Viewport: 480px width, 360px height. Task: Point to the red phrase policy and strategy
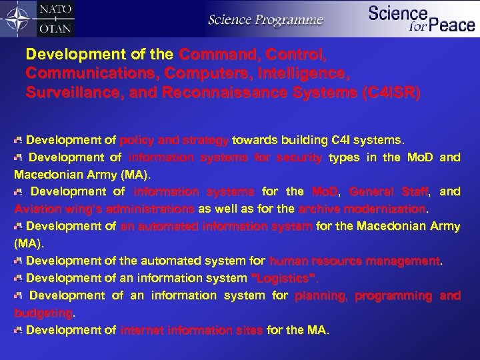pos(175,141)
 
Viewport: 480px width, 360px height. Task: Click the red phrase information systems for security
pos(225,159)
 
